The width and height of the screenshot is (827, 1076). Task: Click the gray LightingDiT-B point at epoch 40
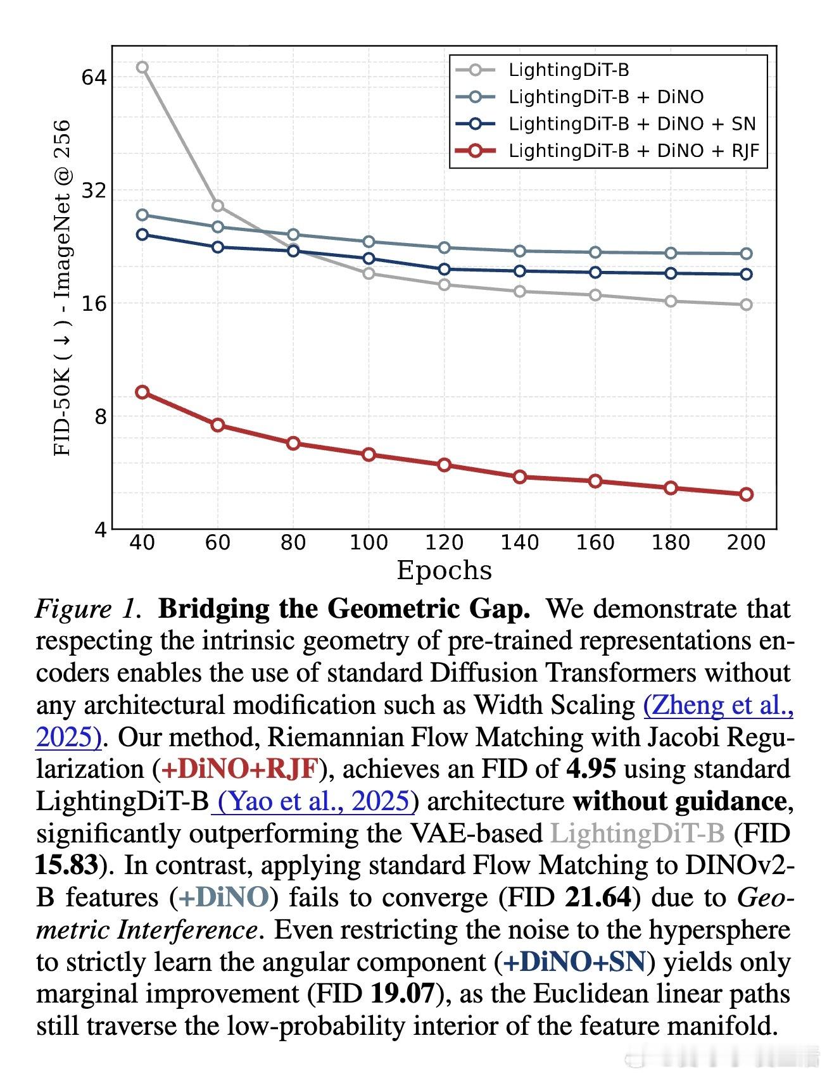coord(142,67)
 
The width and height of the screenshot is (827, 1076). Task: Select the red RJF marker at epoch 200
coord(747,494)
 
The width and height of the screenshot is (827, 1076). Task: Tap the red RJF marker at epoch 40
coord(142,392)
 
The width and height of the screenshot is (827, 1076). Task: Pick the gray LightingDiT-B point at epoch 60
coord(217,206)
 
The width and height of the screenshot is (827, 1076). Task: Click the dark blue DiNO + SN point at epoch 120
coord(444,269)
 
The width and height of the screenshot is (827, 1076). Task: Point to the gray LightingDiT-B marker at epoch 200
coord(747,304)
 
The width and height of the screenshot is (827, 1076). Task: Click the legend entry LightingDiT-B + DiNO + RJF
coord(633,151)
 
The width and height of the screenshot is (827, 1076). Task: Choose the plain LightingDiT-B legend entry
coord(569,70)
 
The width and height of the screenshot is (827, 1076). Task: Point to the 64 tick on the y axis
coord(94,77)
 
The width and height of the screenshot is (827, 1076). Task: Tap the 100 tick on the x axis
coord(369,542)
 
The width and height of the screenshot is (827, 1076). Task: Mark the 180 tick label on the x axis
coord(671,542)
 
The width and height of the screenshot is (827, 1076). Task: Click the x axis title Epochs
coord(444,570)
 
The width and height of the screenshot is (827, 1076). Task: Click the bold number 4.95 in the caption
coord(591,768)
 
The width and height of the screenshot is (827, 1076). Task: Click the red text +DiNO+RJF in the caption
coord(239,768)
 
